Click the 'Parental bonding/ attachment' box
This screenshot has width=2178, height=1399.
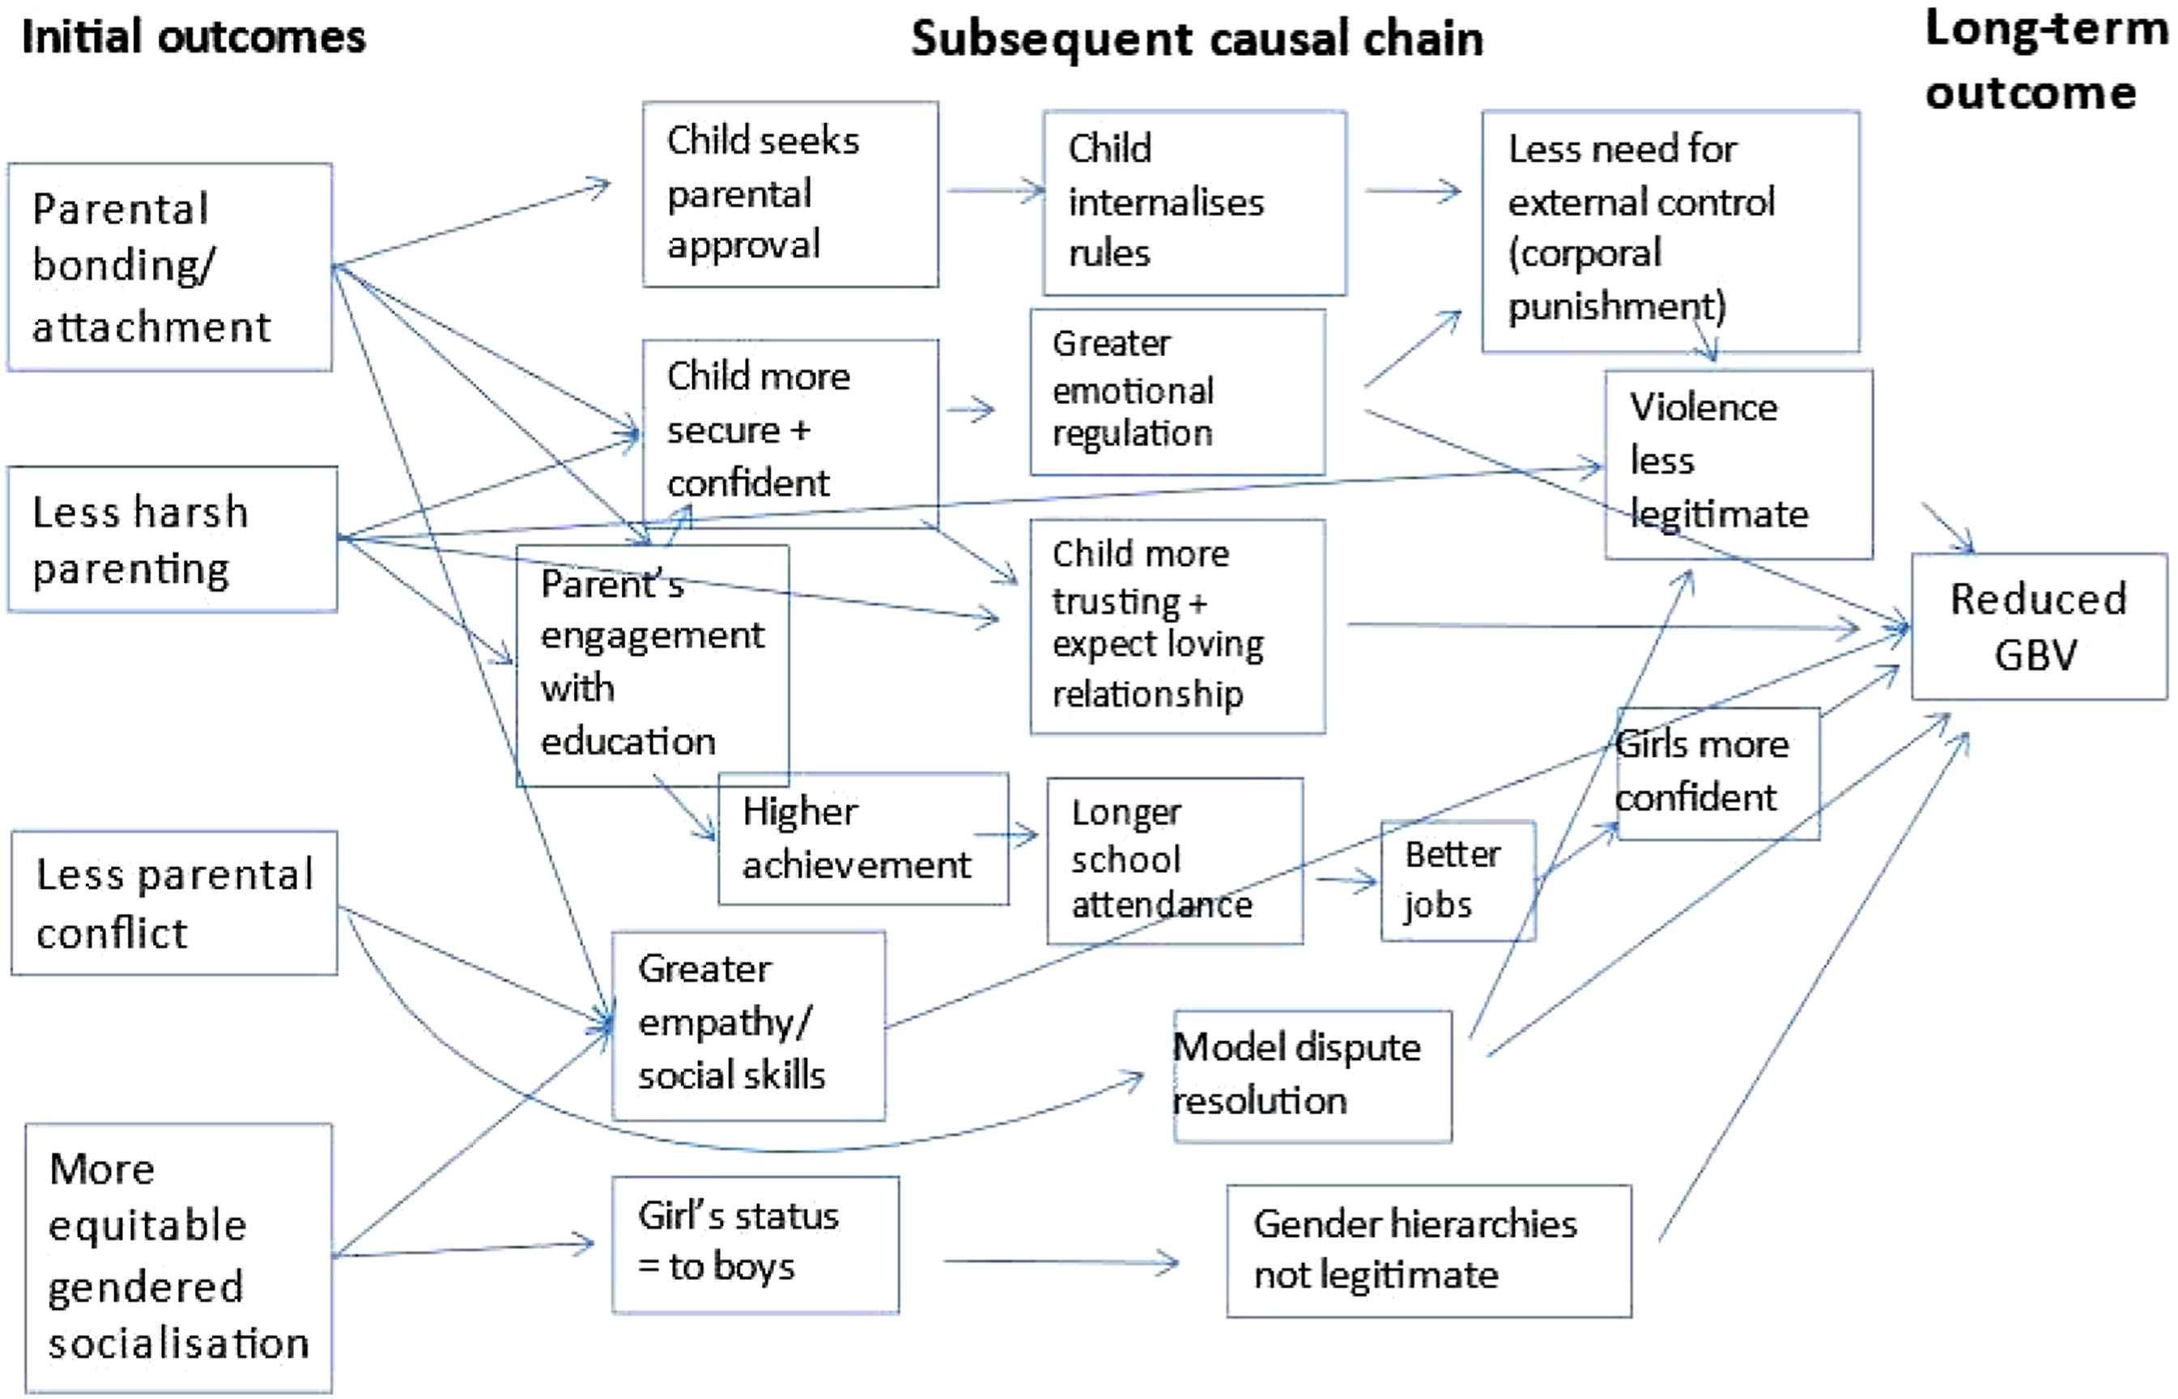[170, 267]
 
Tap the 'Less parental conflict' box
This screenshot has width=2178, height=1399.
[174, 903]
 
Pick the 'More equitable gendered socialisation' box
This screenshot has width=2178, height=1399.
[179, 1257]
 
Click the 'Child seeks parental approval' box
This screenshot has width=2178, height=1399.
[790, 194]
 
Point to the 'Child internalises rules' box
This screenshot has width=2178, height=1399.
[1194, 203]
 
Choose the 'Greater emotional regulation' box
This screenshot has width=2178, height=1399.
[1177, 393]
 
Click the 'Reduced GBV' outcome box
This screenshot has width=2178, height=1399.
[2039, 627]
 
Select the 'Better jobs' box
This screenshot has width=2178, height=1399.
[1457, 881]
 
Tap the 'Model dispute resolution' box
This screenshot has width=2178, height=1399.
[1312, 1076]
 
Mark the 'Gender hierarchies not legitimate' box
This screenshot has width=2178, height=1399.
[1429, 1251]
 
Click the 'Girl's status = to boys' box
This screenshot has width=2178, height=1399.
[755, 1245]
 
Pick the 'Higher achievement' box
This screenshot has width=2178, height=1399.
[863, 839]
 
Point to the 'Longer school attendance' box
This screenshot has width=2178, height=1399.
[1174, 861]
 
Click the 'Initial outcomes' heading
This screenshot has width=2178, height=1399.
[194, 37]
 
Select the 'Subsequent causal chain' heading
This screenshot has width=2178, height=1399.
[1197, 39]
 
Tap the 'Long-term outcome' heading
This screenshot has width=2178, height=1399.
[2045, 60]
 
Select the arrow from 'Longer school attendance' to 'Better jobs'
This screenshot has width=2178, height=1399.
[1346, 880]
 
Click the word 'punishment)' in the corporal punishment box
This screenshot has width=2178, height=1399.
[1617, 306]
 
